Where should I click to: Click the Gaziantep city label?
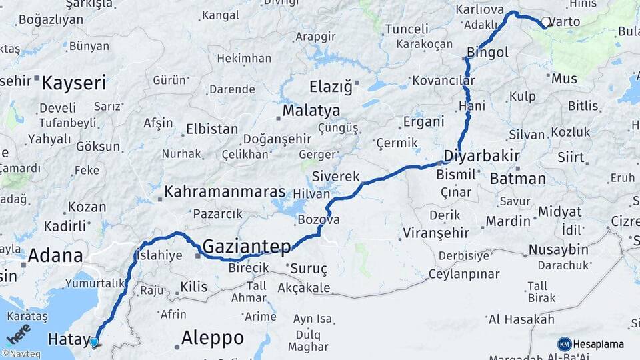(247, 247)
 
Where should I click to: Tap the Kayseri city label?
(74, 83)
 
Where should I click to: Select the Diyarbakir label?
(481, 157)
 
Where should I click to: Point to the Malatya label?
(311, 111)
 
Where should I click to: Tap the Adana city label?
(55, 255)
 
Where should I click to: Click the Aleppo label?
(212, 338)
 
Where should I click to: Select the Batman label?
(517, 179)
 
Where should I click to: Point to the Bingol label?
(488, 52)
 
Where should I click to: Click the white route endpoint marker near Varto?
(545, 23)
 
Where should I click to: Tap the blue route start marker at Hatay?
(94, 343)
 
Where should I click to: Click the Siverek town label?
(336, 177)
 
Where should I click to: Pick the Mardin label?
(507, 221)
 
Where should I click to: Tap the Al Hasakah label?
(521, 319)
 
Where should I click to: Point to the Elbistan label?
(207, 129)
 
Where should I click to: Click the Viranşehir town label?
(435, 233)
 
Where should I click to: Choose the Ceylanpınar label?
(463, 274)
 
